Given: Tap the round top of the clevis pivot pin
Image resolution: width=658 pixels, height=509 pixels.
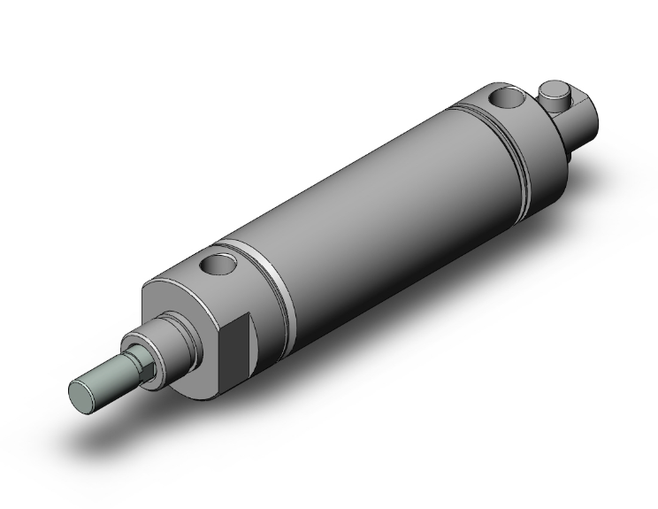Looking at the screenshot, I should [555, 89].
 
